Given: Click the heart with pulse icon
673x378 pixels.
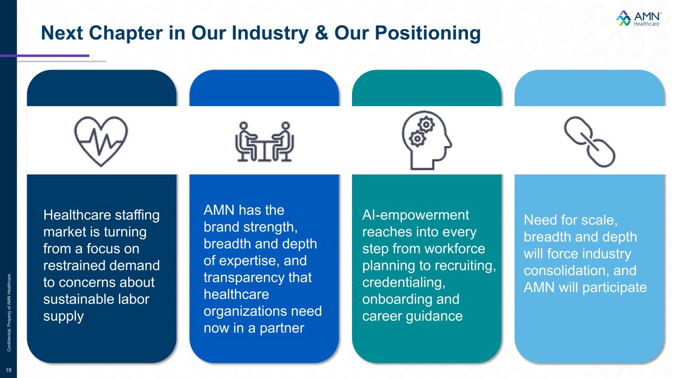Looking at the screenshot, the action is (x=101, y=140).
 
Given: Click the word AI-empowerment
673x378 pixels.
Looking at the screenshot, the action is (x=416, y=215).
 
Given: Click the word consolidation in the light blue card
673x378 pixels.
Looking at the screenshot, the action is (x=559, y=270).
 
